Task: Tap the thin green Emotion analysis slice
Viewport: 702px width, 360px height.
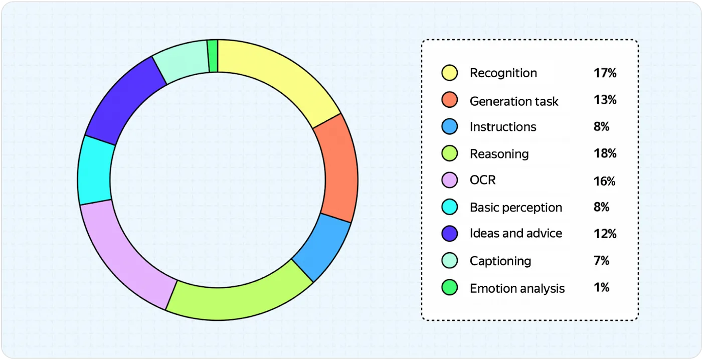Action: (213, 56)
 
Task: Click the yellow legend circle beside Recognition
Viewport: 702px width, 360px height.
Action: (449, 73)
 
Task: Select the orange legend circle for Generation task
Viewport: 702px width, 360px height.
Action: (449, 100)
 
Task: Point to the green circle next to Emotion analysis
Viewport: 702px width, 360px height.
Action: (449, 288)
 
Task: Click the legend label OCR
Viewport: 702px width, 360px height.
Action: (482, 180)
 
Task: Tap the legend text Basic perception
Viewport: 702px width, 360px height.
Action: (516, 208)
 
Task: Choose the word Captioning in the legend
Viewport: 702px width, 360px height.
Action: (500, 261)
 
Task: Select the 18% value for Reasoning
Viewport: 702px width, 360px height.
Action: (605, 153)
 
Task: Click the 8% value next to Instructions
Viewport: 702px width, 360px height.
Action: (601, 126)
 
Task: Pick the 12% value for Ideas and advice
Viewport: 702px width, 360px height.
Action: (605, 234)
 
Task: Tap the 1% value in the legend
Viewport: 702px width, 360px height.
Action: (601, 287)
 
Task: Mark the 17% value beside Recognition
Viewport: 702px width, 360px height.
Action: (605, 73)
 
